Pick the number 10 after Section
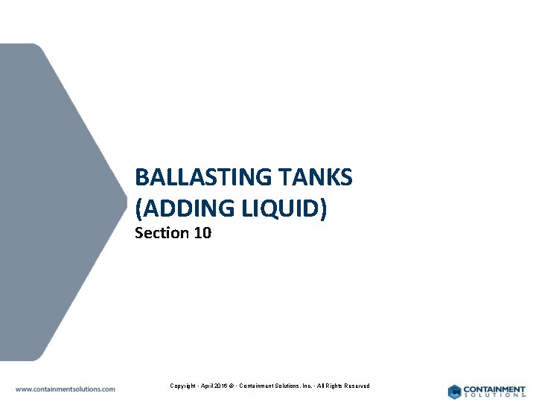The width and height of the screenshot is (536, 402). tap(202, 233)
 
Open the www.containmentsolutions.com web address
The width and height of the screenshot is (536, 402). tap(66, 389)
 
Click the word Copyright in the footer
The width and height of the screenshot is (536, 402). tap(182, 386)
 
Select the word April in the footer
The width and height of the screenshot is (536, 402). tap(206, 386)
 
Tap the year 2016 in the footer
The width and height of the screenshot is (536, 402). tap(221, 386)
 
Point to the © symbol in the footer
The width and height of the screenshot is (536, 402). tap(233, 386)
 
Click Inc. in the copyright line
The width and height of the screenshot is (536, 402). tap(306, 386)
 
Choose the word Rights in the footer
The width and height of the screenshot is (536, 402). tap(334, 386)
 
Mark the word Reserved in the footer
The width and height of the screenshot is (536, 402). tap(357, 386)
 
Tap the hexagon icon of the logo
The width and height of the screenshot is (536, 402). tap(454, 391)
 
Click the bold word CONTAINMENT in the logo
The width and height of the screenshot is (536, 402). tap(494, 389)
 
